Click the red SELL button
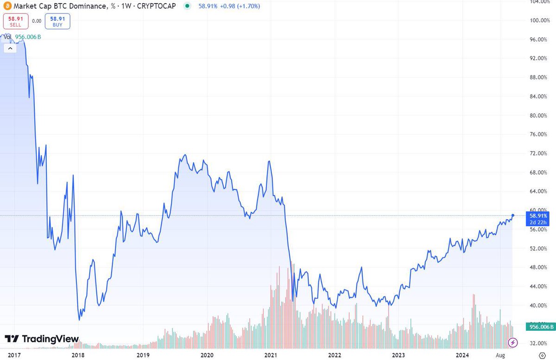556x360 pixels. [16, 21]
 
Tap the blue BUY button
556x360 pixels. [57, 21]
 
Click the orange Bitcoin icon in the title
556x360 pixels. [7, 6]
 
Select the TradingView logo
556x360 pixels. [42, 339]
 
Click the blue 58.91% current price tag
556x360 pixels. [539, 219]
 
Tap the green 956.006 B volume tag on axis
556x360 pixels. [540, 327]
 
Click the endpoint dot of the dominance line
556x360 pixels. [513, 215]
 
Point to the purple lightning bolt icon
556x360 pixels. [513, 343]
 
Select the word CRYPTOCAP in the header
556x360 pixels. [157, 6]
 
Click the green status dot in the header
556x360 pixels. [187, 6]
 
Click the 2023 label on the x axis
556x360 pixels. [398, 354]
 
